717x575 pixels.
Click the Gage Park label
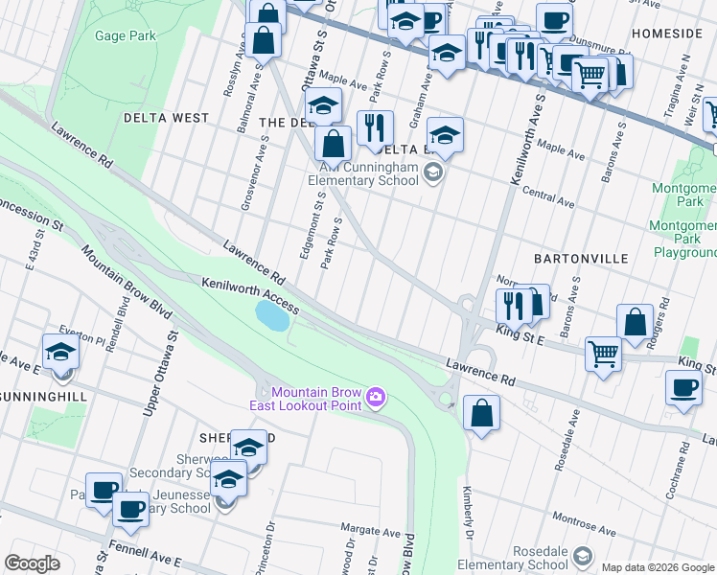pos(125,36)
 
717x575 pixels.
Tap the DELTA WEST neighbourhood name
pos(166,118)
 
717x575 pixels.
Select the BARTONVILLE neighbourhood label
pos(582,259)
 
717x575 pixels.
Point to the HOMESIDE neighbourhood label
pos(667,34)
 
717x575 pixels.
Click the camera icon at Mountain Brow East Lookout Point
pos(377,396)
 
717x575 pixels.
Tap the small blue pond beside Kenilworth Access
pos(272,315)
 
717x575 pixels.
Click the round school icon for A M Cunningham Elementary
pos(433,173)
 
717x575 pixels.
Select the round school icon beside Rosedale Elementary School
pos(581,557)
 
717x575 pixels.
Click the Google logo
pos(33,563)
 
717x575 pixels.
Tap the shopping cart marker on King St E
pos(603,353)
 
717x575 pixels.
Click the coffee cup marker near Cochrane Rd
pos(683,388)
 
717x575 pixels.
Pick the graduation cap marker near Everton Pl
pos(60,352)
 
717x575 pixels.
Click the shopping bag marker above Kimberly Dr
pos(482,414)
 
